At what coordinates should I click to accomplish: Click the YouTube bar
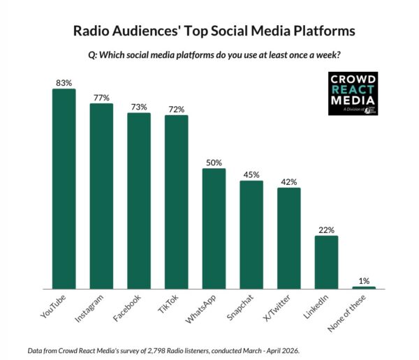coord(64,188)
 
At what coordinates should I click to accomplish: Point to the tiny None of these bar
coord(364,287)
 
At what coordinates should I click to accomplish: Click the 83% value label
coord(64,83)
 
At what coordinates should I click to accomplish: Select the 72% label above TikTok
coord(177,110)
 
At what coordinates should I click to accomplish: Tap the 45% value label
coord(251,174)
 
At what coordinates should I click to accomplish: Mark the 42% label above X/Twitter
coord(289,182)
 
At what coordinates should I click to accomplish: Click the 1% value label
coord(364,280)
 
